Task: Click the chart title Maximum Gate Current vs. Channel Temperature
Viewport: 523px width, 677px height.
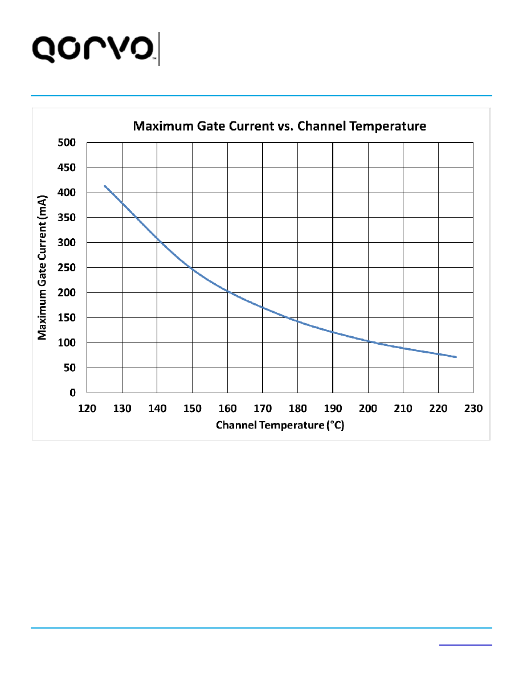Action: point(280,126)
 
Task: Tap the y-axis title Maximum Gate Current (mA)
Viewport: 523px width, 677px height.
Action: point(42,268)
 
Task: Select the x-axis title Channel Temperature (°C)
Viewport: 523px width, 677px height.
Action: point(280,425)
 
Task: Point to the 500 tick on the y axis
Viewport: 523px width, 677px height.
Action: point(67,142)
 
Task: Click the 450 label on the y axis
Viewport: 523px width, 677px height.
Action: point(67,168)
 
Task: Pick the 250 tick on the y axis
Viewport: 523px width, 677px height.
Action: point(67,268)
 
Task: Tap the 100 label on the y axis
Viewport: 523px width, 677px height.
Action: point(67,343)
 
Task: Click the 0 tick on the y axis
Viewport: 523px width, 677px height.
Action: point(72,393)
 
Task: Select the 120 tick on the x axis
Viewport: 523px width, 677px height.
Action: point(87,409)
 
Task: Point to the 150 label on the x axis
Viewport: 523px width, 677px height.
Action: point(193,409)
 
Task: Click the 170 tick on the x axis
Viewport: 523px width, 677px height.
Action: point(263,409)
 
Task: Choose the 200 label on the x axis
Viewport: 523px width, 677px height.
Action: point(368,409)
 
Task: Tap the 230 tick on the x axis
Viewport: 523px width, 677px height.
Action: point(473,409)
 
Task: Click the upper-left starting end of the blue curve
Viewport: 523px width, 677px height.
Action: point(105,186)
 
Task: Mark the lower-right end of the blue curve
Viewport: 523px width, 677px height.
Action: point(456,357)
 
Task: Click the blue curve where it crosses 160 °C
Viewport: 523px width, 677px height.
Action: point(228,293)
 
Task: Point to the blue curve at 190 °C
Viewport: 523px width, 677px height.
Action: point(333,332)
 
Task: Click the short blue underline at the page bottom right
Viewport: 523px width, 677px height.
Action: point(465,645)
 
